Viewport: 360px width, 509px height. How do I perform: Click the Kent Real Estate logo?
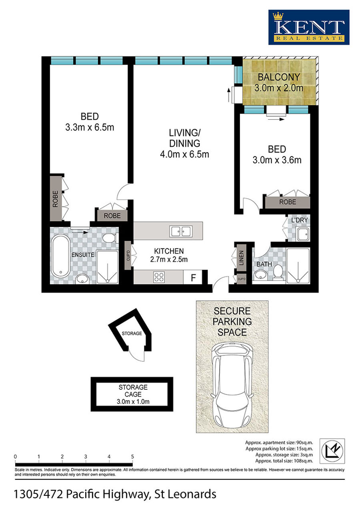tap(309, 27)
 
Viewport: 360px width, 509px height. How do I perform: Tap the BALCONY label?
tap(279, 77)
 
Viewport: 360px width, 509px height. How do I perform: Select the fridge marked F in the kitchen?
tap(193, 277)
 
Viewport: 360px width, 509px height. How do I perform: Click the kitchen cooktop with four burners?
tap(159, 277)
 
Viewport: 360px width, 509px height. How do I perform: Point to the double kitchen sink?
tap(181, 232)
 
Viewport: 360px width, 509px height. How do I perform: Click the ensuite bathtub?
tap(60, 256)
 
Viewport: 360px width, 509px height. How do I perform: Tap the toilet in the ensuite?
tap(110, 238)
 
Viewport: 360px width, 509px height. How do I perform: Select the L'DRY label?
tap(300, 220)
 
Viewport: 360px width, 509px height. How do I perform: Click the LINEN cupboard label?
tap(242, 258)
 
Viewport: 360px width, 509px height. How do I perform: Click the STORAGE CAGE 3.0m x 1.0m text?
tap(133, 394)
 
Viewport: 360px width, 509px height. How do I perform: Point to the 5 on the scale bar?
tap(132, 457)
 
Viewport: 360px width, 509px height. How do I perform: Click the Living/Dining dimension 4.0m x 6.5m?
tap(184, 154)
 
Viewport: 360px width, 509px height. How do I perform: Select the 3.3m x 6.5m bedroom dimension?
tap(90, 128)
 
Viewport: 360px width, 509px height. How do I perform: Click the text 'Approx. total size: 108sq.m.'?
tap(284, 461)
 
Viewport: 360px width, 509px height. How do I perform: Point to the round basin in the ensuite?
tap(82, 279)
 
